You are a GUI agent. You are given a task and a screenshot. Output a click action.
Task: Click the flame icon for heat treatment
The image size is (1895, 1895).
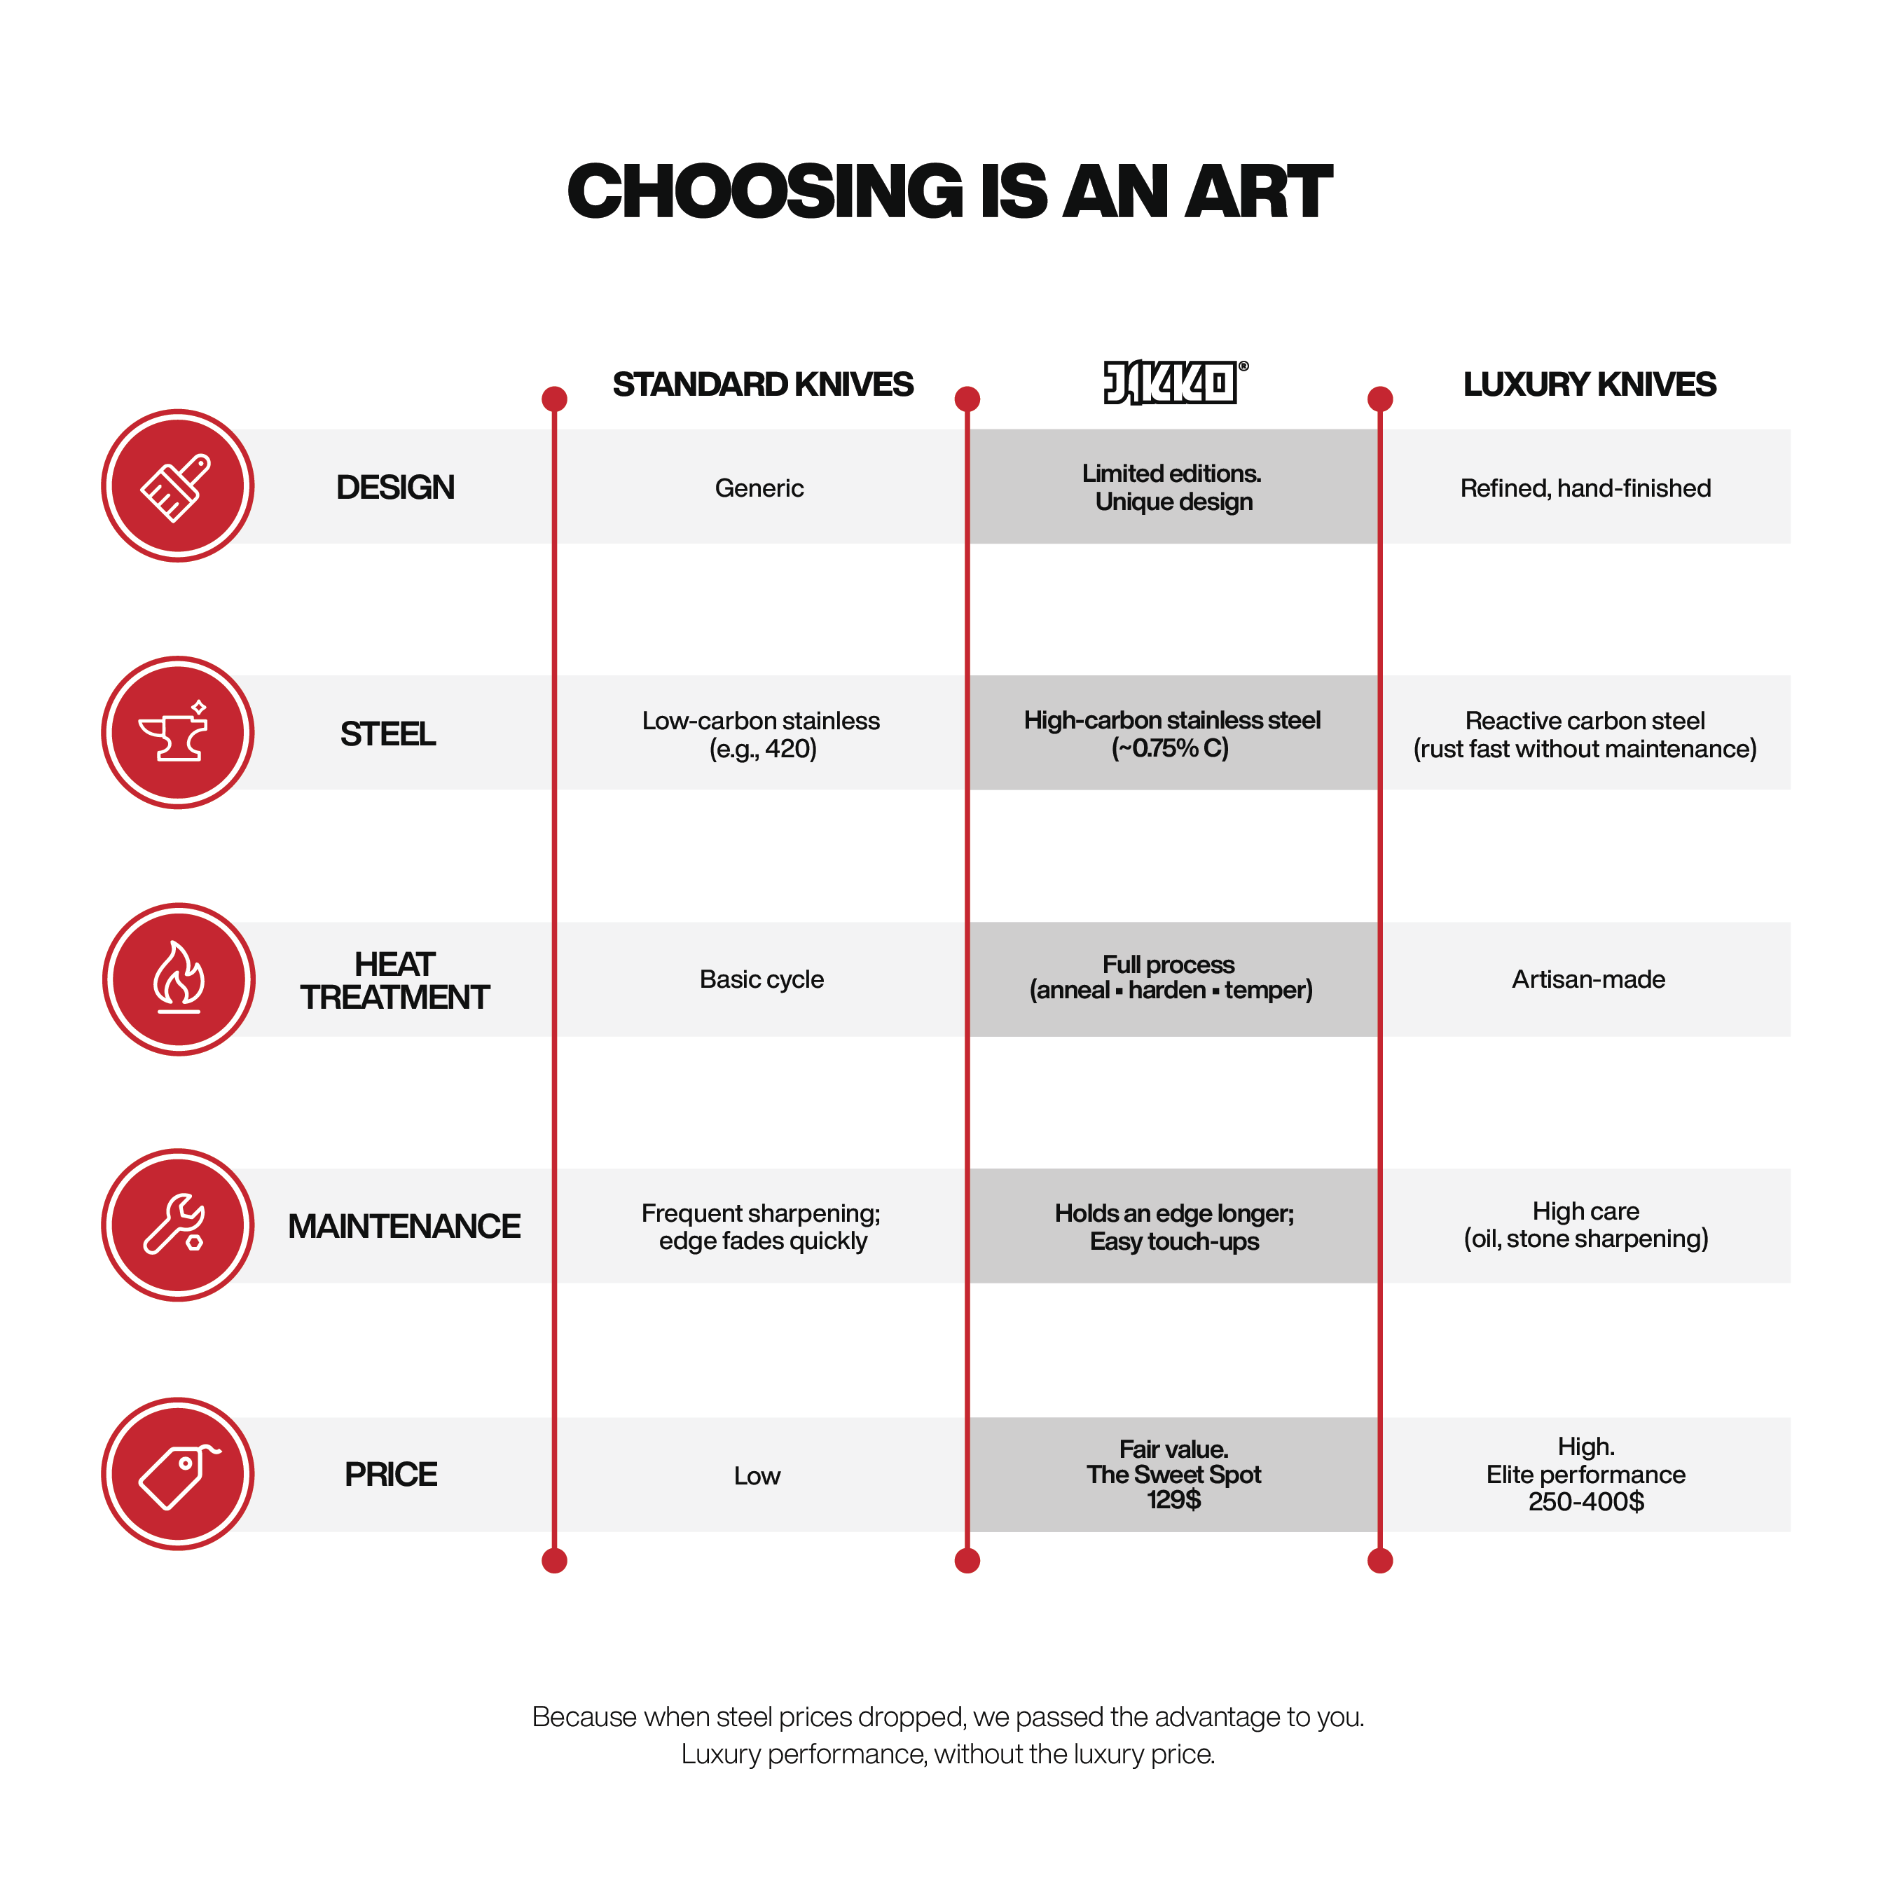[x=179, y=979]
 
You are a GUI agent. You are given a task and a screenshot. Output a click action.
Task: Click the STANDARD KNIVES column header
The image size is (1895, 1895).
[x=763, y=385]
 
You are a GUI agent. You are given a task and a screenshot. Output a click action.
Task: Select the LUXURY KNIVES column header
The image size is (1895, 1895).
[x=1589, y=385]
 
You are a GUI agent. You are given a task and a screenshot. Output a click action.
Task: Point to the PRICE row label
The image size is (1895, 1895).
[x=390, y=1474]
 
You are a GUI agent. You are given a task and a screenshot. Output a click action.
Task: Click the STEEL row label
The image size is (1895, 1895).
[x=387, y=733]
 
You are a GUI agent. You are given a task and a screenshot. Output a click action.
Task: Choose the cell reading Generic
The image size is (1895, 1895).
[x=759, y=488]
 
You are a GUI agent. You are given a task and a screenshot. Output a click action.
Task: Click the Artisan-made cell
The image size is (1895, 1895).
[x=1588, y=979]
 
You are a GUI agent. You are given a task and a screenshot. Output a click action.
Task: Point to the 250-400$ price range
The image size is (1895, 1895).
[x=1586, y=1502]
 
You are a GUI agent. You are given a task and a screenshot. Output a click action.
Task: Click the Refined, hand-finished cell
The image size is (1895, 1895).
[x=1585, y=488]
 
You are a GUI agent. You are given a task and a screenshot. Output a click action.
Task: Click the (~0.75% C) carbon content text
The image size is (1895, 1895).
[x=1170, y=748]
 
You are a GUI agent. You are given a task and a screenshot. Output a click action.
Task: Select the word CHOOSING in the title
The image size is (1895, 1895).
[x=766, y=191]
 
